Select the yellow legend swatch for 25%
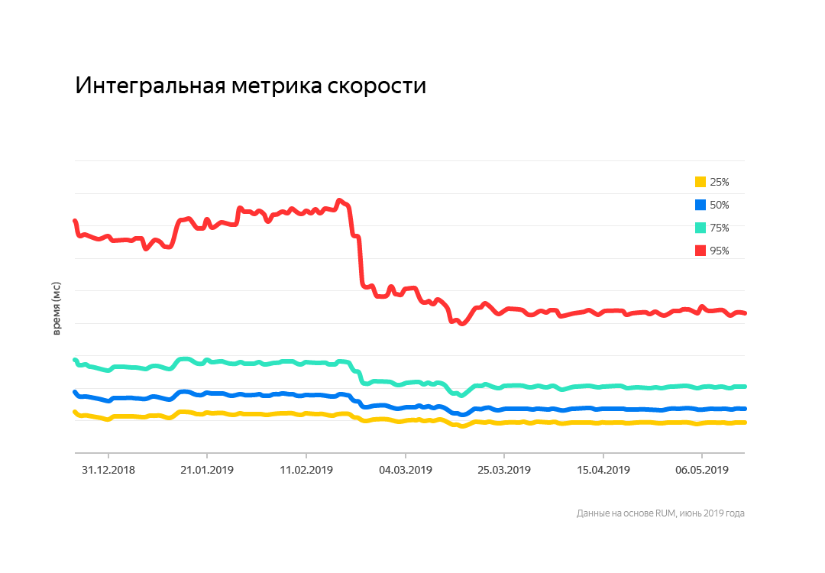pos(700,182)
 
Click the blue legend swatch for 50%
pos(700,205)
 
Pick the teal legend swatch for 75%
pos(700,228)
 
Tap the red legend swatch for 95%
pos(700,251)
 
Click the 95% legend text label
pos(720,251)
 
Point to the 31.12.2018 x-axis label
pos(108,470)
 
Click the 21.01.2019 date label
pos(206,470)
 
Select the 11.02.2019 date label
pos(306,470)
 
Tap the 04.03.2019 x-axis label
pos(405,470)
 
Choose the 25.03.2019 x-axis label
pos(503,470)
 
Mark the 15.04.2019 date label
pos(603,470)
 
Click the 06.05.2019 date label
pos(702,470)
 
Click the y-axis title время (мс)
pos(57,308)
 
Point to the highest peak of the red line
pos(339,201)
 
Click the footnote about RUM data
pos(660,513)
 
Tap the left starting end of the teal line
pos(75,360)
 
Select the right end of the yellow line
pos(744,422)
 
